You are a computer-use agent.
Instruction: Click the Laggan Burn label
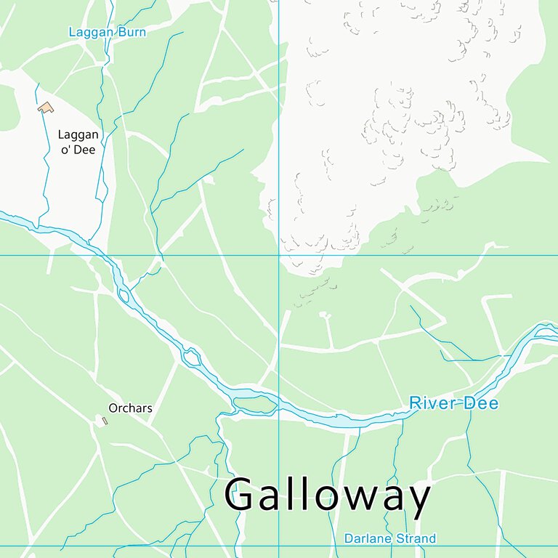point(107,33)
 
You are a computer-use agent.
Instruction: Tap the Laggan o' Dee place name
point(77,142)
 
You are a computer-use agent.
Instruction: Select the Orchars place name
point(130,408)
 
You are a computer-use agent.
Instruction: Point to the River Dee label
point(453,403)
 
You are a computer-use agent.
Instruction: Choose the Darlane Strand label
point(389,538)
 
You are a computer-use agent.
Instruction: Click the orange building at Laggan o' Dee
point(46,108)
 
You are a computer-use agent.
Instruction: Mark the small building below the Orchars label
point(105,421)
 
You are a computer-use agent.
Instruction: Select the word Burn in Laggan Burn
point(133,33)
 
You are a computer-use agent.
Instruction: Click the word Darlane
point(368,538)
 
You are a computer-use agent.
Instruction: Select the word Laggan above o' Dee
point(77,135)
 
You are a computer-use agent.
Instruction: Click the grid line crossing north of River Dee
point(279,255)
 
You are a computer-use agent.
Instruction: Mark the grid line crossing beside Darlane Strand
point(279,546)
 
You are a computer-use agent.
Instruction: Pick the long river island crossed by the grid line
point(254,403)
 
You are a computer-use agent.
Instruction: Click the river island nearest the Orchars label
point(192,357)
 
